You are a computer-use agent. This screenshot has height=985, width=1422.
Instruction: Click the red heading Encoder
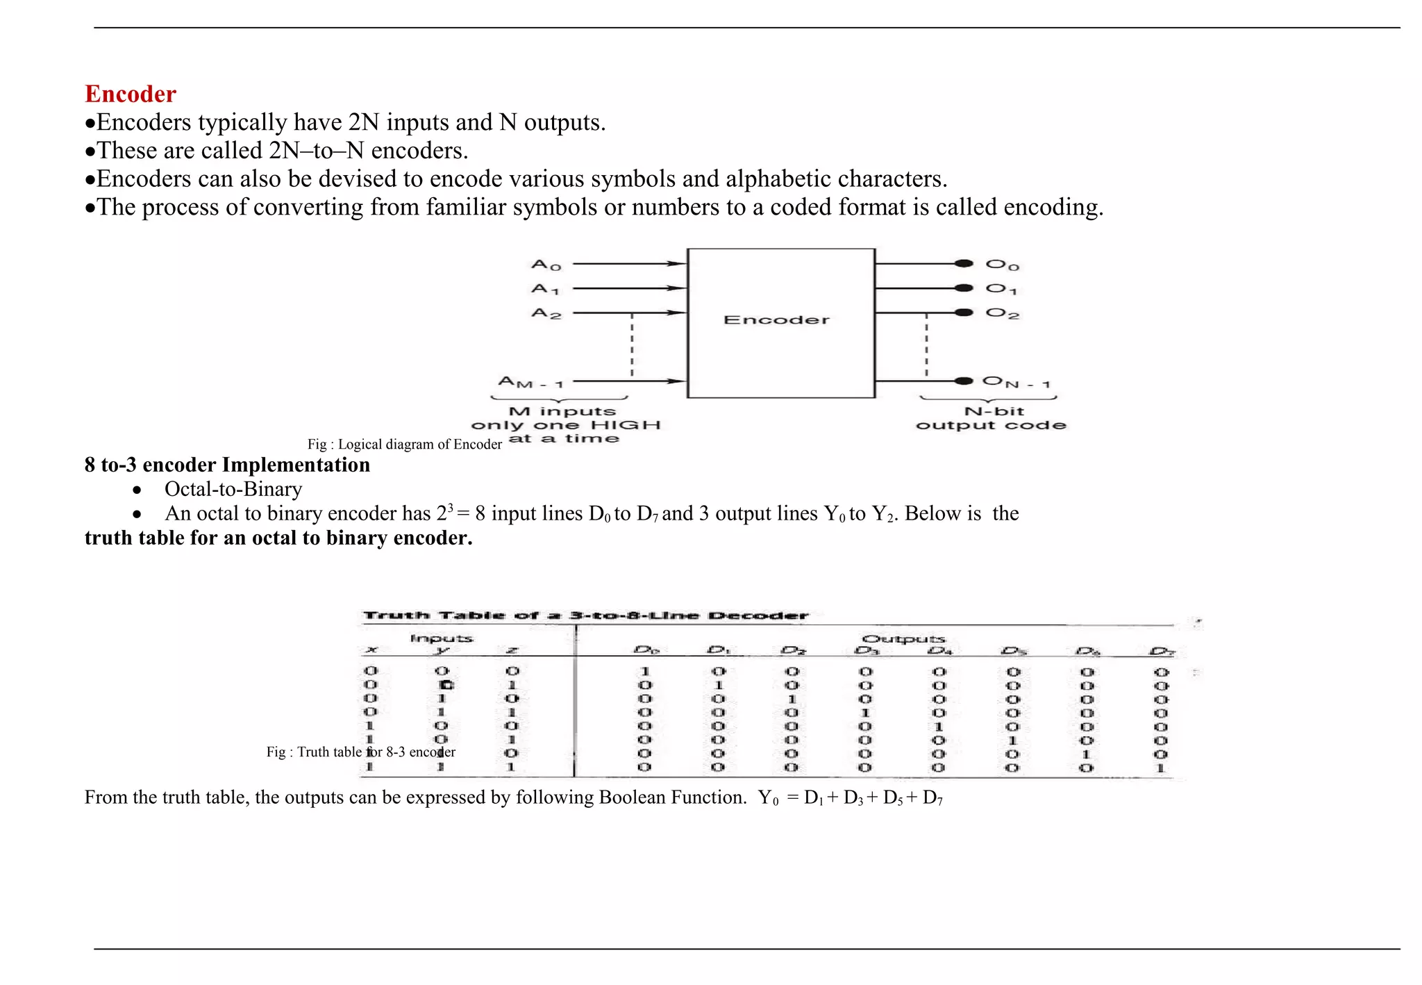click(x=131, y=94)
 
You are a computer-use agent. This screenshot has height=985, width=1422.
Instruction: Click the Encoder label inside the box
click(x=776, y=320)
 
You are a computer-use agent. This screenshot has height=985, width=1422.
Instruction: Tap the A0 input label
click(x=546, y=265)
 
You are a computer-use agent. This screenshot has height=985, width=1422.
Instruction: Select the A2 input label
click(x=546, y=314)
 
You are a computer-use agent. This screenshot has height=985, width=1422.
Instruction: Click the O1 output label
click(x=1001, y=289)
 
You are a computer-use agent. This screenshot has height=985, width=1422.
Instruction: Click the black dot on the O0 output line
click(x=963, y=263)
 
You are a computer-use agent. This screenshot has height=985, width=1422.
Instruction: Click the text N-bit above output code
click(x=994, y=411)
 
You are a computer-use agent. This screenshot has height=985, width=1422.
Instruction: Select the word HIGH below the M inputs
click(x=626, y=425)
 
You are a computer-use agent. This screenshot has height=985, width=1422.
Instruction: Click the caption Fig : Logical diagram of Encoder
click(x=404, y=445)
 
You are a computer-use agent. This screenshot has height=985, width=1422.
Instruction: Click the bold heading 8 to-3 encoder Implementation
click(x=227, y=465)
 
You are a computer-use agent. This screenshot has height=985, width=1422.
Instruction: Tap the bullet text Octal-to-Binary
click(x=233, y=489)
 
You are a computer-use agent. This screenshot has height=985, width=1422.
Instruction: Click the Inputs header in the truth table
click(x=442, y=638)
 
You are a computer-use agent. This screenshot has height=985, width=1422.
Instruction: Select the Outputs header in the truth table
click(x=903, y=639)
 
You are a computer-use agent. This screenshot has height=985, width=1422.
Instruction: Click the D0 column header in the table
click(x=646, y=651)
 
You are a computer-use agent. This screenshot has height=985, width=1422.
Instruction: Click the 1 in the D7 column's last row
click(x=1160, y=768)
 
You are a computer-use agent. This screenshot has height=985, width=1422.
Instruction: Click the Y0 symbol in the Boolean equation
click(x=768, y=797)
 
